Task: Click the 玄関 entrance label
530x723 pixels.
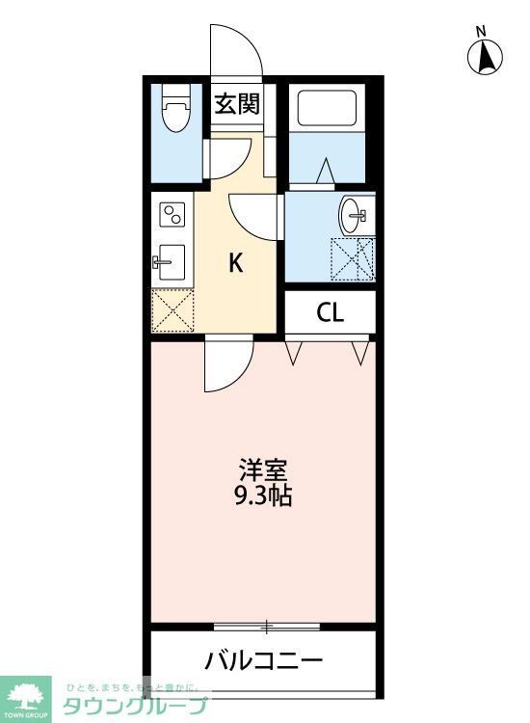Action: click(x=236, y=103)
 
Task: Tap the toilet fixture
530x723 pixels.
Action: click(x=175, y=111)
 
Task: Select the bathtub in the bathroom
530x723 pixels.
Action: click(x=328, y=107)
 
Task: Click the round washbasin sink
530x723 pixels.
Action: click(x=353, y=213)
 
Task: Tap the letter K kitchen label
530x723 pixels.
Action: click(x=235, y=262)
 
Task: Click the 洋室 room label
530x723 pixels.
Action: click(x=262, y=471)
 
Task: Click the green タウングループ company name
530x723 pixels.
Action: click(x=135, y=706)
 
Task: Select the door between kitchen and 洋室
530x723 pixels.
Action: click(x=227, y=363)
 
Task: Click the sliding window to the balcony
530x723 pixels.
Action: click(x=266, y=627)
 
